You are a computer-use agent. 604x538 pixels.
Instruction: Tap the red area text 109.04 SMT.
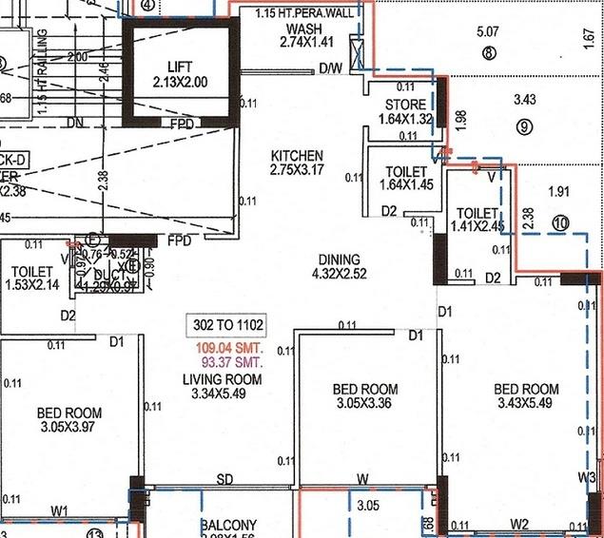(227, 347)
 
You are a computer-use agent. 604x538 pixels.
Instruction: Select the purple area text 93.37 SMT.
(227, 362)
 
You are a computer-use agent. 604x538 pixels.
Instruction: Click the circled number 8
(489, 54)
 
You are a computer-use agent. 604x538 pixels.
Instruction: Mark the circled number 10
(560, 223)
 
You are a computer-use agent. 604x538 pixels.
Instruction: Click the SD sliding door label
(225, 479)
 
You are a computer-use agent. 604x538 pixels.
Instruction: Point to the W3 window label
(586, 476)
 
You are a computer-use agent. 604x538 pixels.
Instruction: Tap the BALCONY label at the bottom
(228, 526)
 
